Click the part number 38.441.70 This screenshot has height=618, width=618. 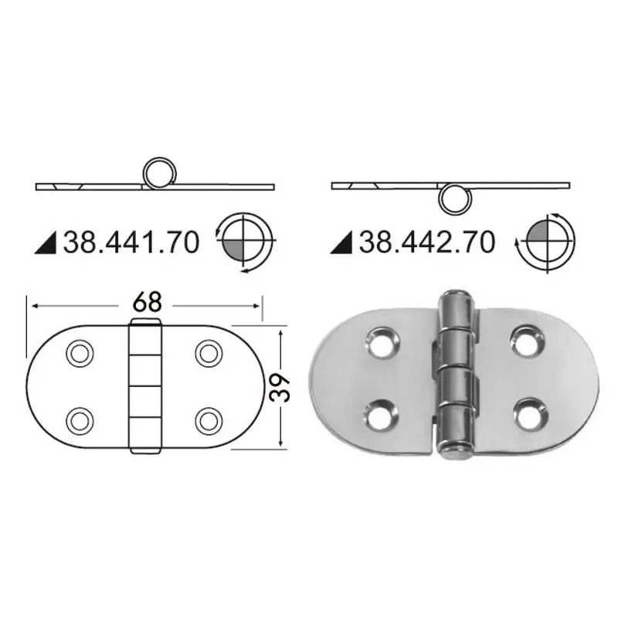point(131,242)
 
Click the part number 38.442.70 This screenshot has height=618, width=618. point(427,242)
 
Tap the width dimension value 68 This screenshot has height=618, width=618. point(147,303)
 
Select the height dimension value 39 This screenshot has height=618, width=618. point(280,388)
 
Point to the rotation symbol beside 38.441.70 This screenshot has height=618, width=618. point(245,242)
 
